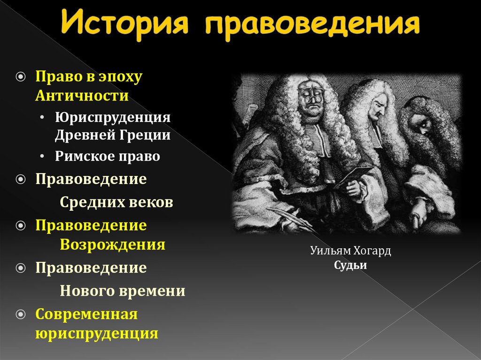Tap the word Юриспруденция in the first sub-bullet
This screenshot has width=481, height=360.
(112, 117)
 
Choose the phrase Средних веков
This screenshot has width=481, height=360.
(116, 202)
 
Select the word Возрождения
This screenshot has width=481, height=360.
(112, 244)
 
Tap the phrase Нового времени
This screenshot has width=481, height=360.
(123, 291)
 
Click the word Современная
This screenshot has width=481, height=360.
(86, 314)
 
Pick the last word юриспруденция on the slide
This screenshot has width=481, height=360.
(97, 333)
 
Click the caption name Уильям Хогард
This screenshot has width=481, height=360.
(350, 251)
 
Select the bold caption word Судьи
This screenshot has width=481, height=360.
(350, 265)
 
